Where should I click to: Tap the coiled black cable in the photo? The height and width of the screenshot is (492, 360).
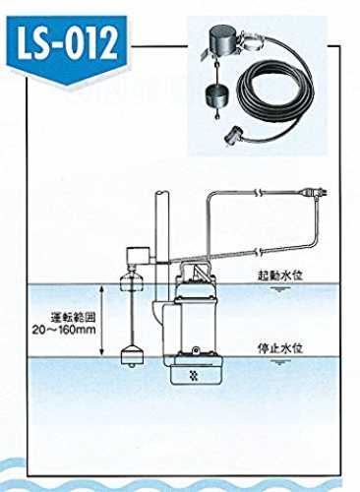tap(274, 95)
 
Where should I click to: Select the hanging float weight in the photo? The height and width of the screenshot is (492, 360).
tap(216, 94)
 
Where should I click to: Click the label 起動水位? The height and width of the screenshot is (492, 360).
tap(279, 276)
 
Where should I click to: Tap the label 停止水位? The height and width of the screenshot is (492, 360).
tap(279, 348)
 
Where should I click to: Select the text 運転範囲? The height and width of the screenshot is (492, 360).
tap(74, 318)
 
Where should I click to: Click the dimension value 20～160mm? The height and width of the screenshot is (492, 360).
tap(64, 330)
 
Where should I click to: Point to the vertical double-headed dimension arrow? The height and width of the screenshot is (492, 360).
tap(102, 320)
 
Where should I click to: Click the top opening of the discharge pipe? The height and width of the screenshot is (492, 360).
tap(162, 192)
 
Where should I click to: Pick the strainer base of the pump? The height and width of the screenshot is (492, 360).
tap(196, 371)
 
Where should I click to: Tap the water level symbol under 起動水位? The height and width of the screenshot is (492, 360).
tap(279, 288)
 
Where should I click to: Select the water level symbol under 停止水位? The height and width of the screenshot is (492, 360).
tap(279, 362)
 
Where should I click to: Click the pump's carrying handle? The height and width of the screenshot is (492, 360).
tap(196, 269)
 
